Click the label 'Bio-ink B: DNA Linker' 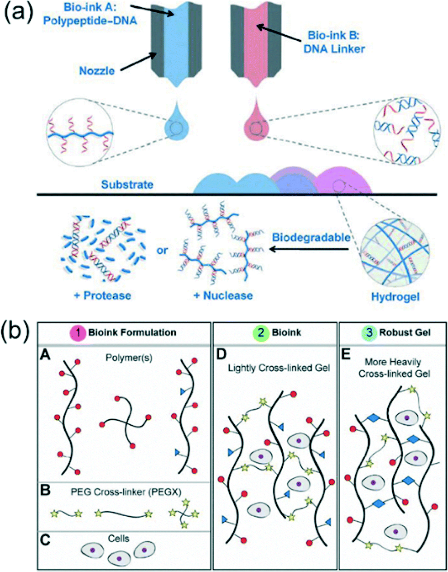(x=335, y=43)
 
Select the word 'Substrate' (x=127, y=185)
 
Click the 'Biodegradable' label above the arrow (x=311, y=237)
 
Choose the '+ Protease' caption (x=102, y=295)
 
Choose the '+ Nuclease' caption (x=223, y=295)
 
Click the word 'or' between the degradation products (x=162, y=251)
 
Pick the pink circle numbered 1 (x=79, y=332)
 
